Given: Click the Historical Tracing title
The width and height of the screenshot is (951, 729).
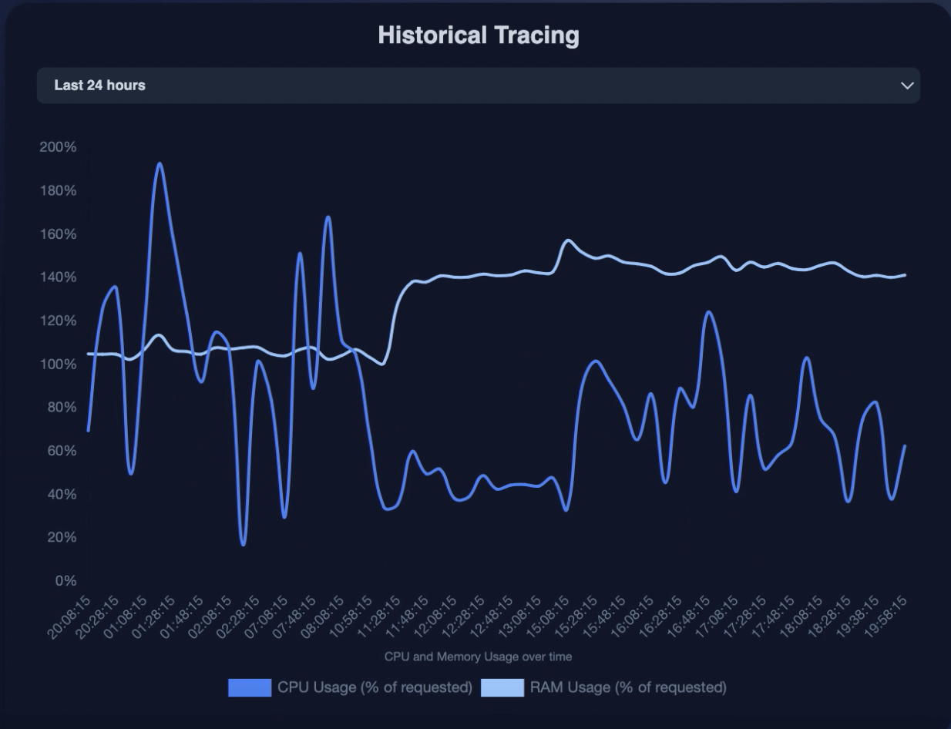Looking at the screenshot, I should point(478,35).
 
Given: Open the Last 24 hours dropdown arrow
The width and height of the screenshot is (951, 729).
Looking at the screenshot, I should point(907,86).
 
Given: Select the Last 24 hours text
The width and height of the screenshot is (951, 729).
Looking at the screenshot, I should point(99,86).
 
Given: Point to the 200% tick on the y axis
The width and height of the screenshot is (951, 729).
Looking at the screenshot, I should point(58,147).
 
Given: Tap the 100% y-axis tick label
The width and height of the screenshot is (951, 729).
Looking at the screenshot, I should point(58,364).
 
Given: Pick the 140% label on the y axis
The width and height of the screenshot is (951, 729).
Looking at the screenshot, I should point(58,277).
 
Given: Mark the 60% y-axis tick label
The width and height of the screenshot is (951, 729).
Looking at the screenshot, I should point(61,451).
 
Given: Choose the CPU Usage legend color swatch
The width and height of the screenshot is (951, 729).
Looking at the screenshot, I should point(250,687).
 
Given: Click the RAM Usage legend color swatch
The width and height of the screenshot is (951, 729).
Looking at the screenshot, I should point(502,687).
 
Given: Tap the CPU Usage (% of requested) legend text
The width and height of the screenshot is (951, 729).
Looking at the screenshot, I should point(375,687).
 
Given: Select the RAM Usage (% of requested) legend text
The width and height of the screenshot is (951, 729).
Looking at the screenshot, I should point(627,687).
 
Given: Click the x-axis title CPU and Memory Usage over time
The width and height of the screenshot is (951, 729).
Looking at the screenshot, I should point(478,657).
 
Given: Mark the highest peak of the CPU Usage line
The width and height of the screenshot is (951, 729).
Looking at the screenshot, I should point(160,163).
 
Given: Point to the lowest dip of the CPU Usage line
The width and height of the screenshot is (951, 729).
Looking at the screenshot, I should point(243,545).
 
